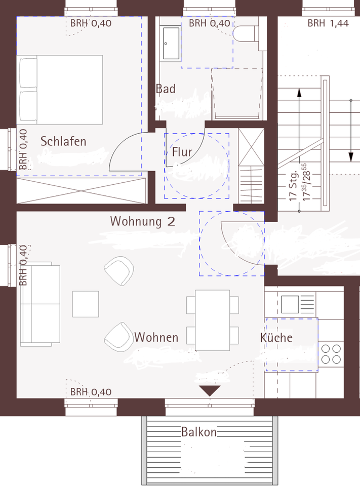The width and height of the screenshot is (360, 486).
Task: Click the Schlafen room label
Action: pos(63,141)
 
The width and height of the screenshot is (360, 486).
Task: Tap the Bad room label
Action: pos(166,89)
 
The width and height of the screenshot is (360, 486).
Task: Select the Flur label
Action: pos(182,151)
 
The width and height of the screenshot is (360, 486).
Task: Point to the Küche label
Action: pos(276,338)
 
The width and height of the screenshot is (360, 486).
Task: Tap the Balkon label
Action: pos(199,432)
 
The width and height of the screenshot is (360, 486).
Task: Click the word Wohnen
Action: pos(156,337)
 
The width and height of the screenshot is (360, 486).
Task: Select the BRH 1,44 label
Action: pos(328,23)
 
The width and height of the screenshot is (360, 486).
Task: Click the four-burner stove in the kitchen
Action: pos(331,353)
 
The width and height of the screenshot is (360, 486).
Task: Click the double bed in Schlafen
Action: pos(61,89)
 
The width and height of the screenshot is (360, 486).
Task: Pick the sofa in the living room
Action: pos(41,303)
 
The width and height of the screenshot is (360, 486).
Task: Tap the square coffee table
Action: pos(86,304)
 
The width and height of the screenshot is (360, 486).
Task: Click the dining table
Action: pos(212,320)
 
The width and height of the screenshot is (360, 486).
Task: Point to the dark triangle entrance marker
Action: pos(210,390)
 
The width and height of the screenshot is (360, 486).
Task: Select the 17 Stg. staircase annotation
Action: pos(292,190)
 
